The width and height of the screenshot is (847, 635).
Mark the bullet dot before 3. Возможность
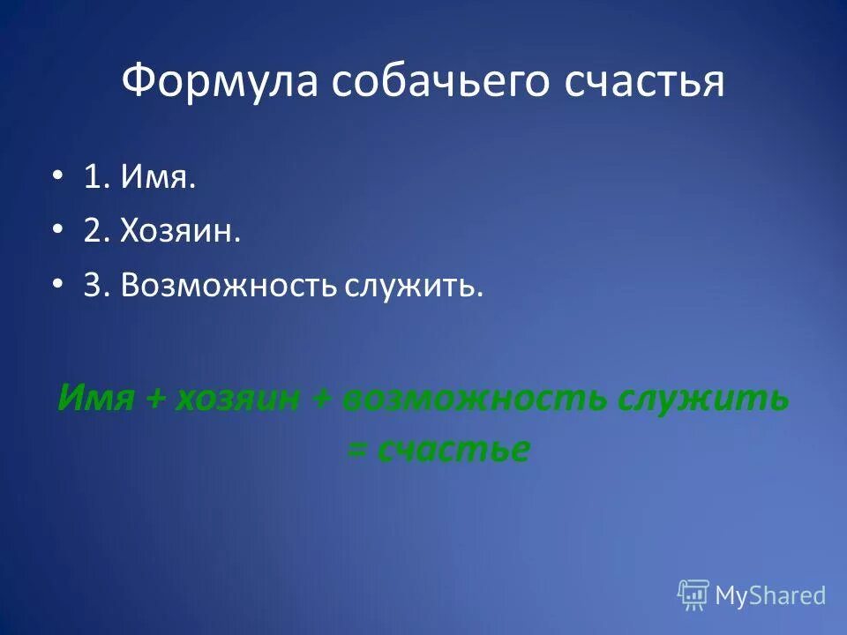tap(58, 284)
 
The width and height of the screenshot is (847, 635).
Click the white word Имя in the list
tap(160, 180)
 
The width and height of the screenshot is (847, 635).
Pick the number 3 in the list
tap(93, 284)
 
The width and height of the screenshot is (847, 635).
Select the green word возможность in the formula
tap(475, 398)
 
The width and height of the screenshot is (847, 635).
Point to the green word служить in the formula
tap(702, 398)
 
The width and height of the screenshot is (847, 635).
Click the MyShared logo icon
tap(693, 595)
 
